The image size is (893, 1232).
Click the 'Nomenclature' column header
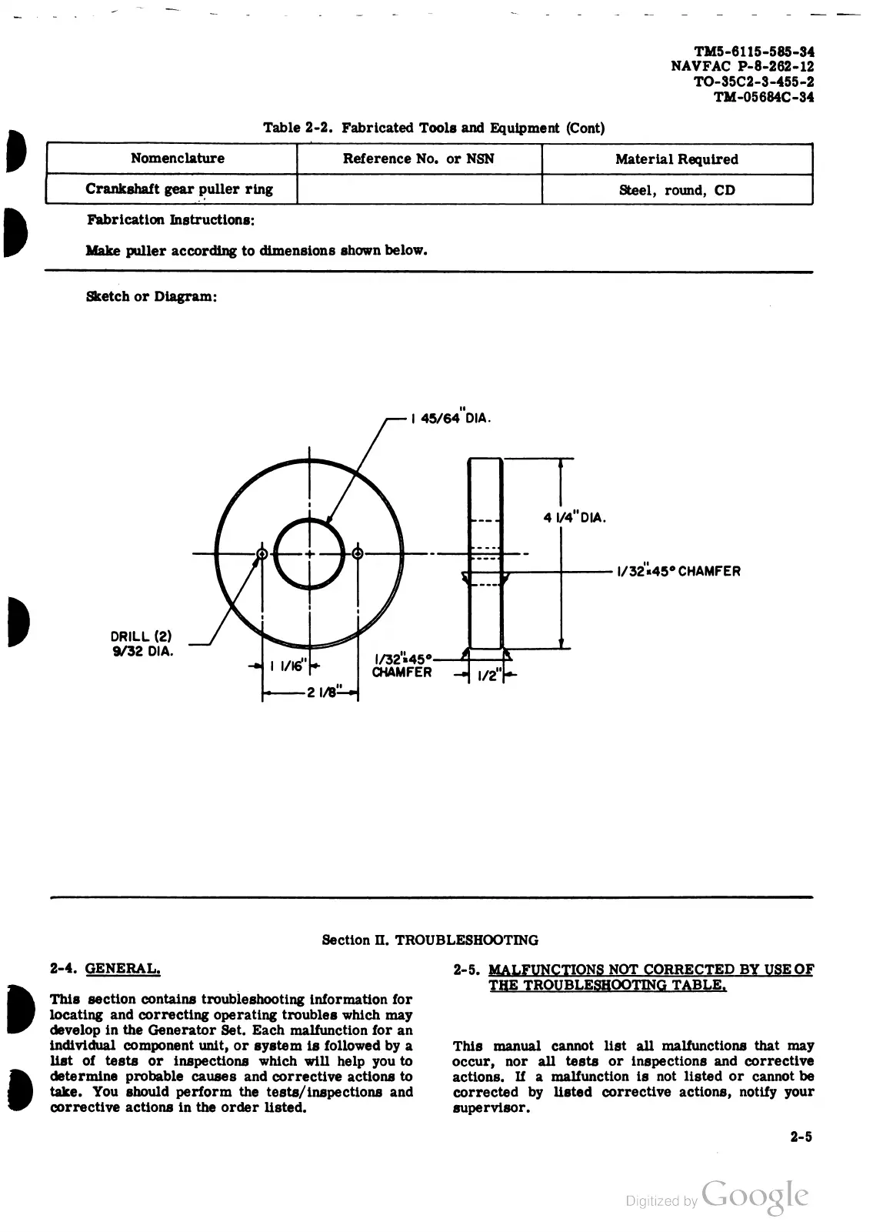[x=177, y=159]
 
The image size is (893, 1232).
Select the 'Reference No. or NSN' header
[x=418, y=159]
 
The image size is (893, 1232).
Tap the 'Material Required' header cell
[x=676, y=159]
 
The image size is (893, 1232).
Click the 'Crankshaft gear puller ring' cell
[x=179, y=189]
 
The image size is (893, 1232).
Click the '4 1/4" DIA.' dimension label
[x=575, y=517]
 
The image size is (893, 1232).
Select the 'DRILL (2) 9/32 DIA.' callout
[x=142, y=644]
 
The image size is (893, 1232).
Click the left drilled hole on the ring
[x=262, y=554]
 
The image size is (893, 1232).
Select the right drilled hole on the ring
[x=358, y=554]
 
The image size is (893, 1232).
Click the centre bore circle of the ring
[x=309, y=554]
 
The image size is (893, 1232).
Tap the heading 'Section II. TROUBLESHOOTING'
[x=429, y=940]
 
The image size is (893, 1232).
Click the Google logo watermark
[x=755, y=1197]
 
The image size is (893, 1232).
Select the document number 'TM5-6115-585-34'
[x=755, y=52]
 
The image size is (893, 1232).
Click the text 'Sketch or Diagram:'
[x=151, y=296]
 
